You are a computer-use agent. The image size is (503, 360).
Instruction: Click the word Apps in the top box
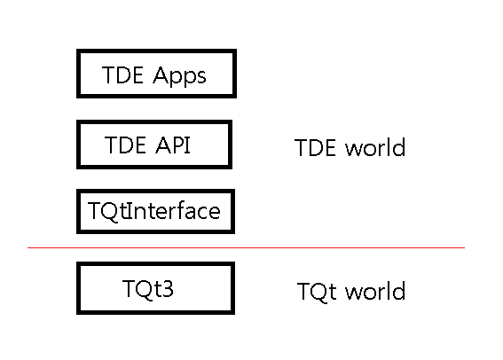[179, 76]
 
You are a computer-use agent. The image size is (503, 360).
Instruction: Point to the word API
[173, 145]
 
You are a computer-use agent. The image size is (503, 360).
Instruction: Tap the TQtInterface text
[154, 211]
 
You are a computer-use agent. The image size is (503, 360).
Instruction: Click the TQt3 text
[148, 289]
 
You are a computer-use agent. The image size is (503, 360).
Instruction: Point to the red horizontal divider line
[246, 247]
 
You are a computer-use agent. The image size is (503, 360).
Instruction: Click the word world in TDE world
[375, 147]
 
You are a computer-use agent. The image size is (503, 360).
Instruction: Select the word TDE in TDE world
[315, 148]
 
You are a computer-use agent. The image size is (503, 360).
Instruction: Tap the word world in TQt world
[375, 291]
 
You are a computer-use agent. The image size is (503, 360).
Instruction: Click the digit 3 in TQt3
[168, 288]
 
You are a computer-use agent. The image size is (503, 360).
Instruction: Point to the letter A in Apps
[161, 75]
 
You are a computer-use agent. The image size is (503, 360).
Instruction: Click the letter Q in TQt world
[322, 292]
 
